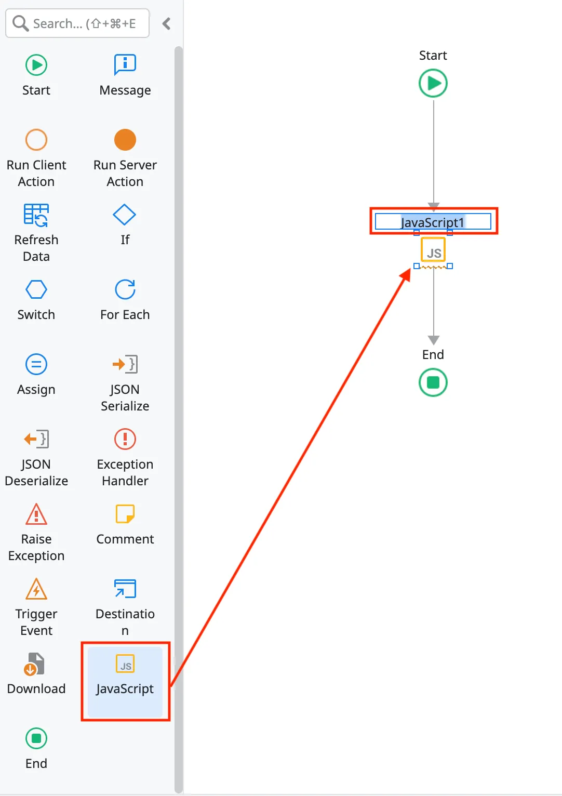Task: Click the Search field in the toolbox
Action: (83, 23)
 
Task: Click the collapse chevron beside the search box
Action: (167, 23)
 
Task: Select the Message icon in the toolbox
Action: (125, 65)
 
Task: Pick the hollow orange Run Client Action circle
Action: (36, 140)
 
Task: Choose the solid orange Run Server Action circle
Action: (125, 140)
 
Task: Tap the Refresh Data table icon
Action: (36, 215)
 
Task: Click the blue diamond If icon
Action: (125, 215)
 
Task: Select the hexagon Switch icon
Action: (36, 289)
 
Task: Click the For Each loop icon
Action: (125, 289)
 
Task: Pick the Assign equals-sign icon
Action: (36, 364)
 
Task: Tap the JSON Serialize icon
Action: (125, 364)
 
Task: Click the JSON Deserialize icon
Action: (36, 439)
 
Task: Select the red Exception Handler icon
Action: (125, 439)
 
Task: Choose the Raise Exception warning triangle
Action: (36, 514)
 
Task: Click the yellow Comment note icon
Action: (125, 514)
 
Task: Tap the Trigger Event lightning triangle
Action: (36, 589)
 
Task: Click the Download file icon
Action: (35, 664)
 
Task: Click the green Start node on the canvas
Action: (433, 83)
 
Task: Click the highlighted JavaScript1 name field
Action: (433, 222)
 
